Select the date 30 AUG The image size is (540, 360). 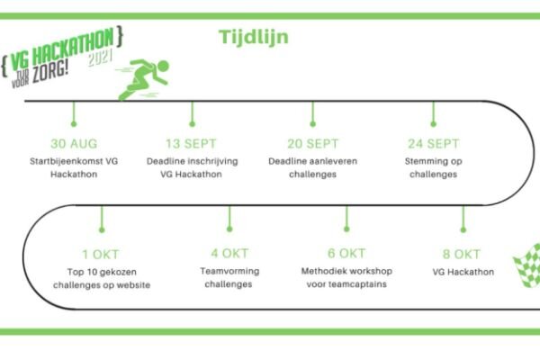click(x=73, y=142)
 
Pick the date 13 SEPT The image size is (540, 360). click(x=192, y=142)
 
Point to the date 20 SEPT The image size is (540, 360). click(x=312, y=142)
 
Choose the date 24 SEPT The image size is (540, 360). click(x=433, y=142)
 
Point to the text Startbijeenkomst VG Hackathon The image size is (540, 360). click(x=73, y=166)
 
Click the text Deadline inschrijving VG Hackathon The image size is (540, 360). click(x=192, y=166)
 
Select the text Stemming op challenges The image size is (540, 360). click(x=433, y=166)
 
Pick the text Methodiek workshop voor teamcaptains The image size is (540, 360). click(x=346, y=277)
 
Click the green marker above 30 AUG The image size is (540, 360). click(x=73, y=114)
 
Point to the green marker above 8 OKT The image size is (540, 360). click(x=463, y=220)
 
